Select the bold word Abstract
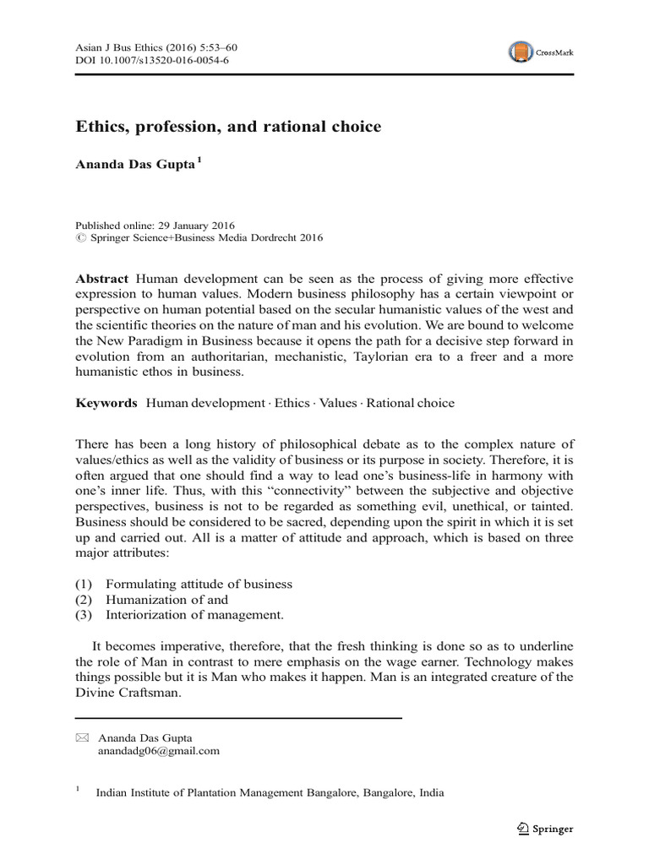(101, 279)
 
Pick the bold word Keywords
(106, 403)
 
